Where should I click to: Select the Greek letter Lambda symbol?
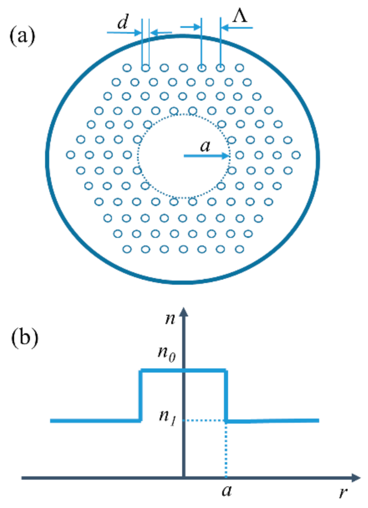240,16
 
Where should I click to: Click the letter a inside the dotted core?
205,146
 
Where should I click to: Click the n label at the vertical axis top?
170,318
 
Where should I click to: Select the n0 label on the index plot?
167,353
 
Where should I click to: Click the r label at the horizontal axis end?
343,493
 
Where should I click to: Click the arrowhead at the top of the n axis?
184,312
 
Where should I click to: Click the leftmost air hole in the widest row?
71,155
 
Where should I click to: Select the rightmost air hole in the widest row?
296,155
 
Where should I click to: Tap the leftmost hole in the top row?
127,68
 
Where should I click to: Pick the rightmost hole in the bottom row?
240,249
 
